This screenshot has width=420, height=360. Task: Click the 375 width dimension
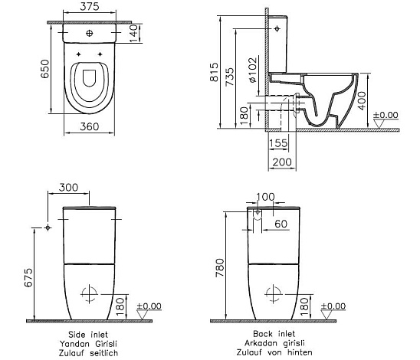(90, 6)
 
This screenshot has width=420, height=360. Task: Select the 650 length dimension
(45, 69)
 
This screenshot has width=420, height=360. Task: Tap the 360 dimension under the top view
(90, 126)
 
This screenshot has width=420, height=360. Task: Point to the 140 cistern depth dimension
(134, 33)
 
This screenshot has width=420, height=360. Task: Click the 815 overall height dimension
(215, 72)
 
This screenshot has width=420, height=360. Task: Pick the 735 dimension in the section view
(230, 77)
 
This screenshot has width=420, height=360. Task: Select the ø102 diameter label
(253, 70)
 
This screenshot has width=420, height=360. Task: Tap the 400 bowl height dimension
(363, 100)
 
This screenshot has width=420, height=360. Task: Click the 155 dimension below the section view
(278, 143)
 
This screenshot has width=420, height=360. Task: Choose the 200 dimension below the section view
(282, 162)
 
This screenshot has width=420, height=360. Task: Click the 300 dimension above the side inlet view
(68, 188)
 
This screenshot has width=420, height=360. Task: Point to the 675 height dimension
(28, 277)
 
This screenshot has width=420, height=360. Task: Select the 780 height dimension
(220, 268)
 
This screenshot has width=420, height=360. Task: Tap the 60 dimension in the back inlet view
(281, 224)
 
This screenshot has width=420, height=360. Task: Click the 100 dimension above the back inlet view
(265, 197)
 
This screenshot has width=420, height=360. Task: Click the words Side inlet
(88, 335)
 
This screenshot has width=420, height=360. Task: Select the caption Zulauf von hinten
(274, 352)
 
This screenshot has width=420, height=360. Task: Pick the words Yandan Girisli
(88, 344)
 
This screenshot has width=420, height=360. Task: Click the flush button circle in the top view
(90, 33)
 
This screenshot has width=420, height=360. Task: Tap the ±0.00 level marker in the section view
(386, 115)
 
